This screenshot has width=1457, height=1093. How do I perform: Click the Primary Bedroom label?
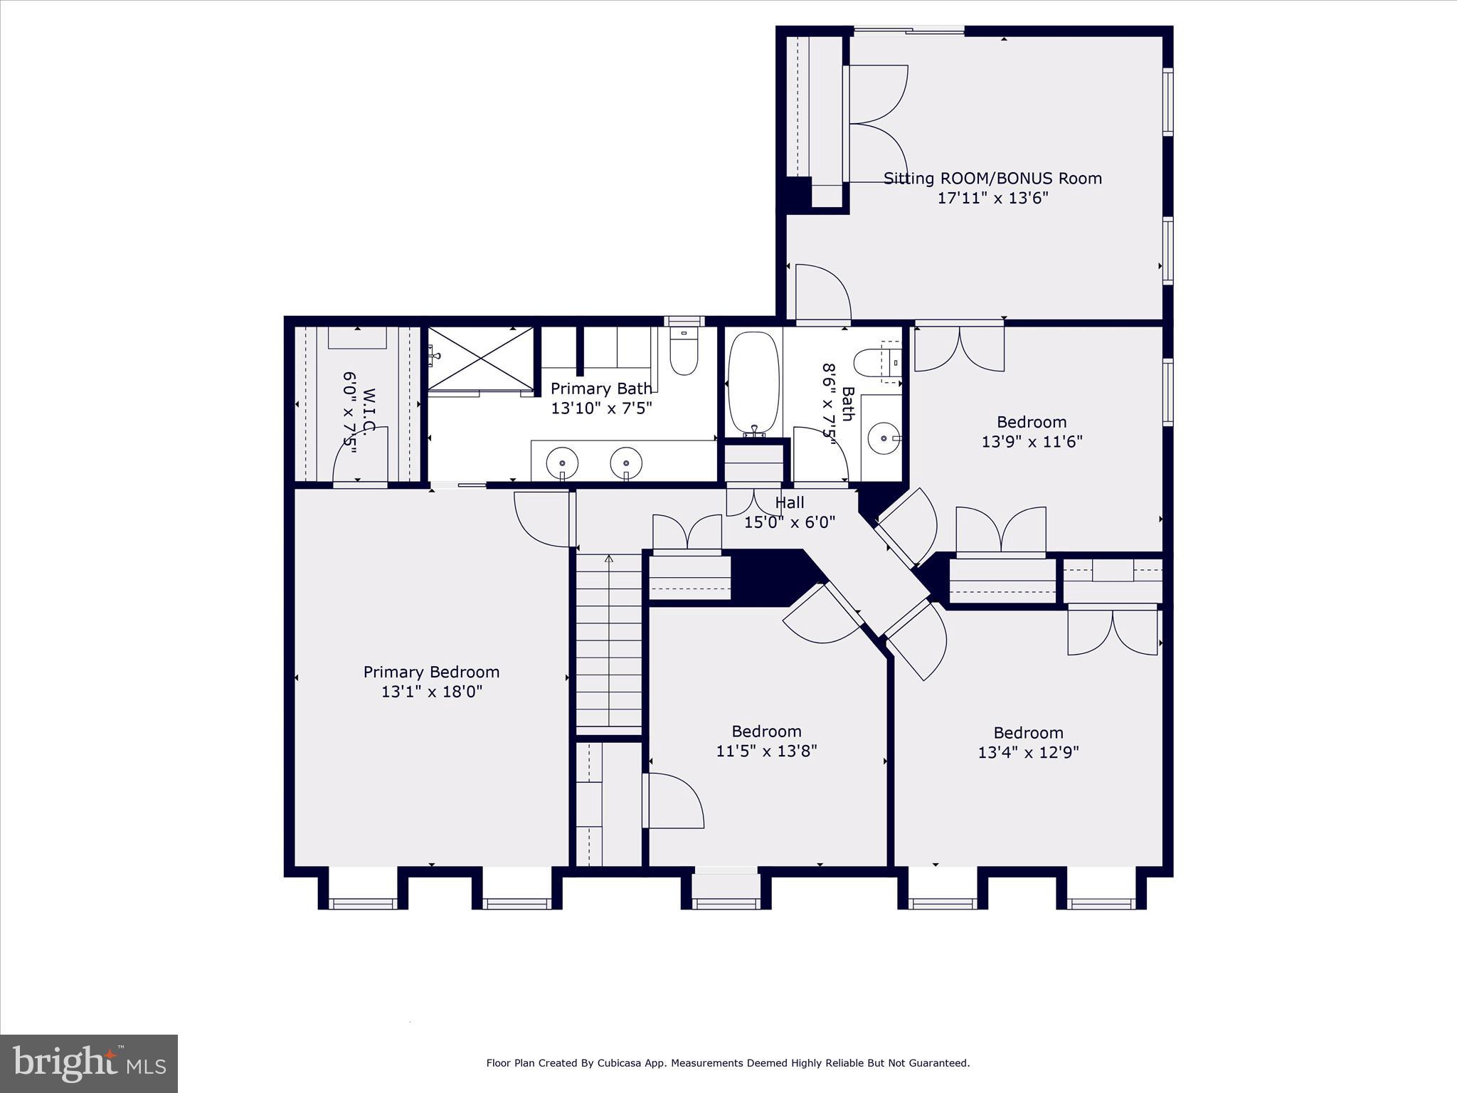pos(431,672)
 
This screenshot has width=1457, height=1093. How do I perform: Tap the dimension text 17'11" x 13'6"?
pos(992,198)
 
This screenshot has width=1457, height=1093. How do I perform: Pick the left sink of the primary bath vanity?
pos(562,463)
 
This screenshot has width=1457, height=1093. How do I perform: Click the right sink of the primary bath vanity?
pos(626,463)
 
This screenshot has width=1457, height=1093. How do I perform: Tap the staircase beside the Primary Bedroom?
pos(608,644)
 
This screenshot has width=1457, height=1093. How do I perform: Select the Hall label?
pos(790,503)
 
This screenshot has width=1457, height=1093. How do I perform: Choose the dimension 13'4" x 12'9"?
pos(1028,752)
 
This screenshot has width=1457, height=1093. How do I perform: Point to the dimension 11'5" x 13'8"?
pos(766,751)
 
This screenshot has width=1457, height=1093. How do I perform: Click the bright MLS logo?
pos(89,1064)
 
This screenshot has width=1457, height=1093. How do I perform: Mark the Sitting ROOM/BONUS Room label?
pos(992,179)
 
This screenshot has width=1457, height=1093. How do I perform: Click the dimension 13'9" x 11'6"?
pos(1032,442)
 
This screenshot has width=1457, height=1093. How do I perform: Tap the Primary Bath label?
pos(601,389)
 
